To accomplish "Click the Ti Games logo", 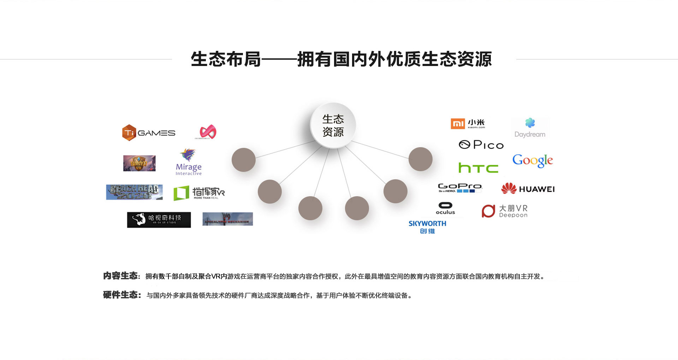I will [149, 133].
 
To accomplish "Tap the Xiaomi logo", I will [468, 124].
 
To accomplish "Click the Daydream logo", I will [530, 128].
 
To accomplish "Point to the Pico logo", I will [481, 145].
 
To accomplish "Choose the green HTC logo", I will [478, 168].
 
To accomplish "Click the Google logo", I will [533, 161].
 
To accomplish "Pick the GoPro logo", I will [460, 187].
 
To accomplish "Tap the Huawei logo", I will [528, 189].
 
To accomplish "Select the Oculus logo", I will [445, 208].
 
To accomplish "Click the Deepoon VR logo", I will [505, 211].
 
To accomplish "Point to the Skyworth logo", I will [427, 227].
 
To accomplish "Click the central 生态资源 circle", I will [333, 126].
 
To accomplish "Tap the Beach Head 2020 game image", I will [134, 192].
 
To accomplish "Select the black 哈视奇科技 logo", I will [159, 220].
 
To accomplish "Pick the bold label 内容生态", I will [120, 276].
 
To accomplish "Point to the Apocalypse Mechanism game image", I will [228, 219].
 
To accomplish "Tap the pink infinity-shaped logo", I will [208, 132].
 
